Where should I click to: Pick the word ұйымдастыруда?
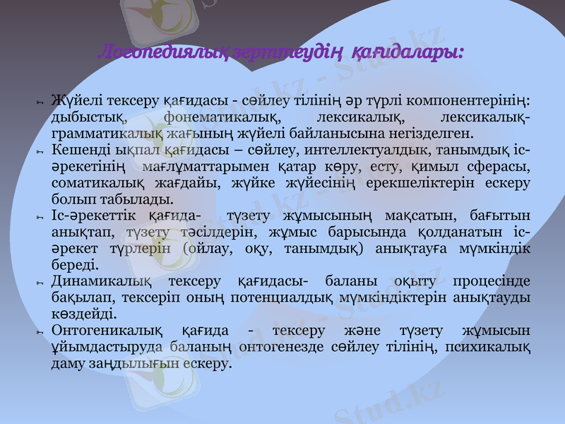(106, 346)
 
